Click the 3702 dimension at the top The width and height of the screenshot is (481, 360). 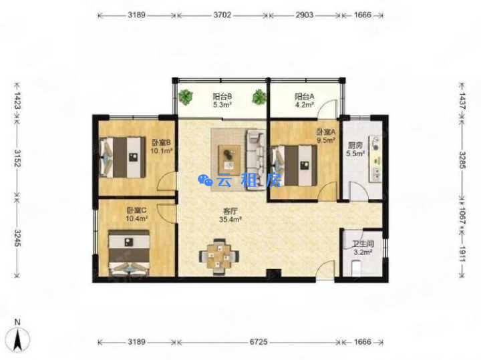(x=222, y=15)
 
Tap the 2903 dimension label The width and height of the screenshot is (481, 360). (x=305, y=15)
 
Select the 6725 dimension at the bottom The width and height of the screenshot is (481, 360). (x=259, y=341)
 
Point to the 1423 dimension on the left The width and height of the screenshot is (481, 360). (x=17, y=101)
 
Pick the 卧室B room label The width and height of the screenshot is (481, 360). (x=161, y=142)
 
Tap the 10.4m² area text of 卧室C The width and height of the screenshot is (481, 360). (x=136, y=218)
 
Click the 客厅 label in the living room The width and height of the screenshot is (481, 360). (x=230, y=211)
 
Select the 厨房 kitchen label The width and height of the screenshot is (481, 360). (x=355, y=146)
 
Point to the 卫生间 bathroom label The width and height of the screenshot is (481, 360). (x=363, y=244)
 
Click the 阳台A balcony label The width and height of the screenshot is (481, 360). (x=305, y=97)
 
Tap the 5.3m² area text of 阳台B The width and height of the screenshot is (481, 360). (x=222, y=105)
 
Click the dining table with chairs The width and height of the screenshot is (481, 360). (x=218, y=256)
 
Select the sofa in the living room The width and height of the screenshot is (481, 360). (x=256, y=160)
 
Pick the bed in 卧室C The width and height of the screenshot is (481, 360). (x=129, y=253)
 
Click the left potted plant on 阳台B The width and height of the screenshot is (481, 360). (x=185, y=97)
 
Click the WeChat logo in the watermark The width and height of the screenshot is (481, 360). (x=205, y=180)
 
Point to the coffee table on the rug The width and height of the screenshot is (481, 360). (x=229, y=160)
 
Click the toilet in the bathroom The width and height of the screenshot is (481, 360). (x=356, y=267)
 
